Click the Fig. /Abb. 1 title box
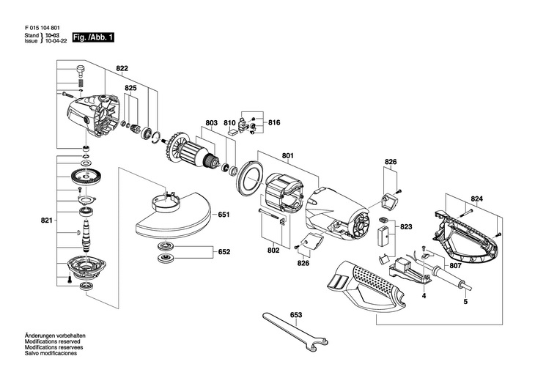coord(93,37)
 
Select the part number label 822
coord(122,69)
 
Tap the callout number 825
coord(130,88)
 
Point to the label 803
coord(211,123)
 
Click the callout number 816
coord(274,122)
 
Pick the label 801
coord(287,156)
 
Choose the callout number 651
coord(224,215)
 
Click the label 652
coord(224,252)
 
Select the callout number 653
coord(296,315)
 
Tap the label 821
coord(47,220)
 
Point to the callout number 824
coord(476,199)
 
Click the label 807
coord(456,266)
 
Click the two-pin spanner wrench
coord(295,331)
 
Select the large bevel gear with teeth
coord(84,177)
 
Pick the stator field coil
coord(284,192)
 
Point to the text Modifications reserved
coord(52,341)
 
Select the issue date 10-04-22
coord(56,40)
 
